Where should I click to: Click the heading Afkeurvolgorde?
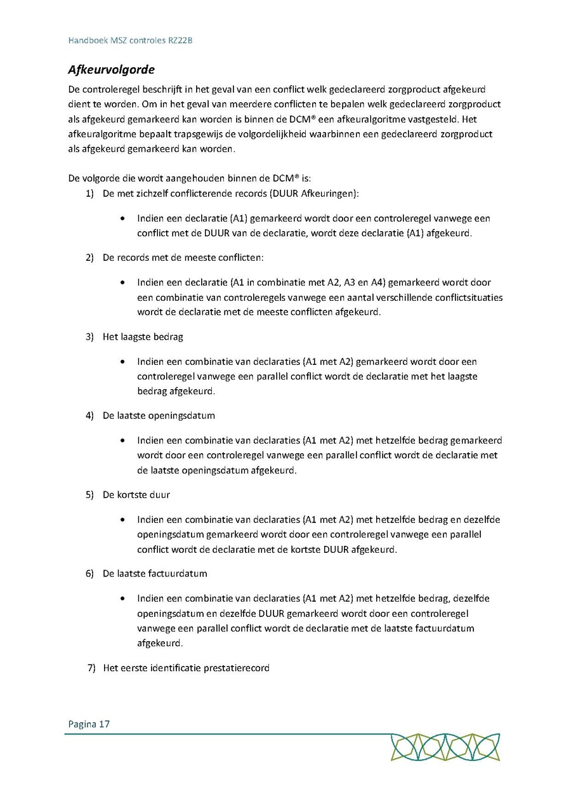click(111, 69)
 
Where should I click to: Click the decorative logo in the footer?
click(445, 747)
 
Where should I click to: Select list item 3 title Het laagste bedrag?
click(143, 336)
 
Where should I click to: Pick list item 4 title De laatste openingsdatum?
click(159, 416)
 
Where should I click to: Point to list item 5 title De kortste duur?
click(136, 494)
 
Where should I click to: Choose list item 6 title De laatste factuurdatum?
click(155, 573)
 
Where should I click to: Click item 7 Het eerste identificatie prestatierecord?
click(186, 668)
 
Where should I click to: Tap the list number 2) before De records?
click(89, 258)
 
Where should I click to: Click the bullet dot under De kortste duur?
click(122, 520)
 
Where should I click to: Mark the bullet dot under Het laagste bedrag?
click(122, 362)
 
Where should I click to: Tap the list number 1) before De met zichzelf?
click(89, 192)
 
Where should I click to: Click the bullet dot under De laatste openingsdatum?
click(122, 441)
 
